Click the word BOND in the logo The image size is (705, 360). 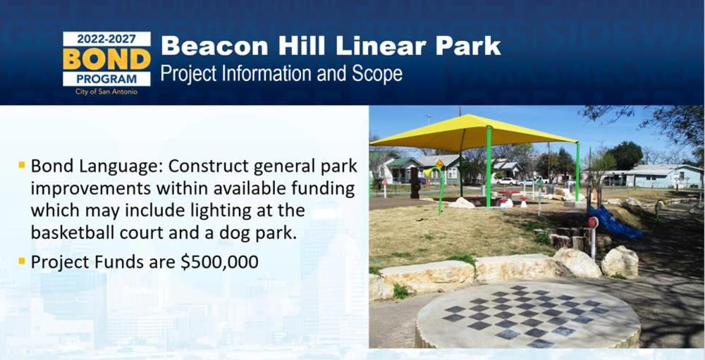(x=106, y=59)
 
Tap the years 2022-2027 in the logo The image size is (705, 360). (x=106, y=39)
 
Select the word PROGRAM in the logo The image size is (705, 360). (x=106, y=79)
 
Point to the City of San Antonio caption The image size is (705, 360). (x=106, y=92)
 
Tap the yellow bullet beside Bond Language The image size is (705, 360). (x=22, y=165)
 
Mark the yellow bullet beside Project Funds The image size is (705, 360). (x=22, y=260)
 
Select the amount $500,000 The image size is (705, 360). (x=219, y=262)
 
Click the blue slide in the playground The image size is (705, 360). (x=615, y=223)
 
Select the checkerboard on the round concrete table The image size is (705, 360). (x=526, y=316)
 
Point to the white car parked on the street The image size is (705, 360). (x=507, y=182)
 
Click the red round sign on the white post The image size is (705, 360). (x=593, y=223)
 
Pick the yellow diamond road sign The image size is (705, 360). (x=439, y=164)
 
